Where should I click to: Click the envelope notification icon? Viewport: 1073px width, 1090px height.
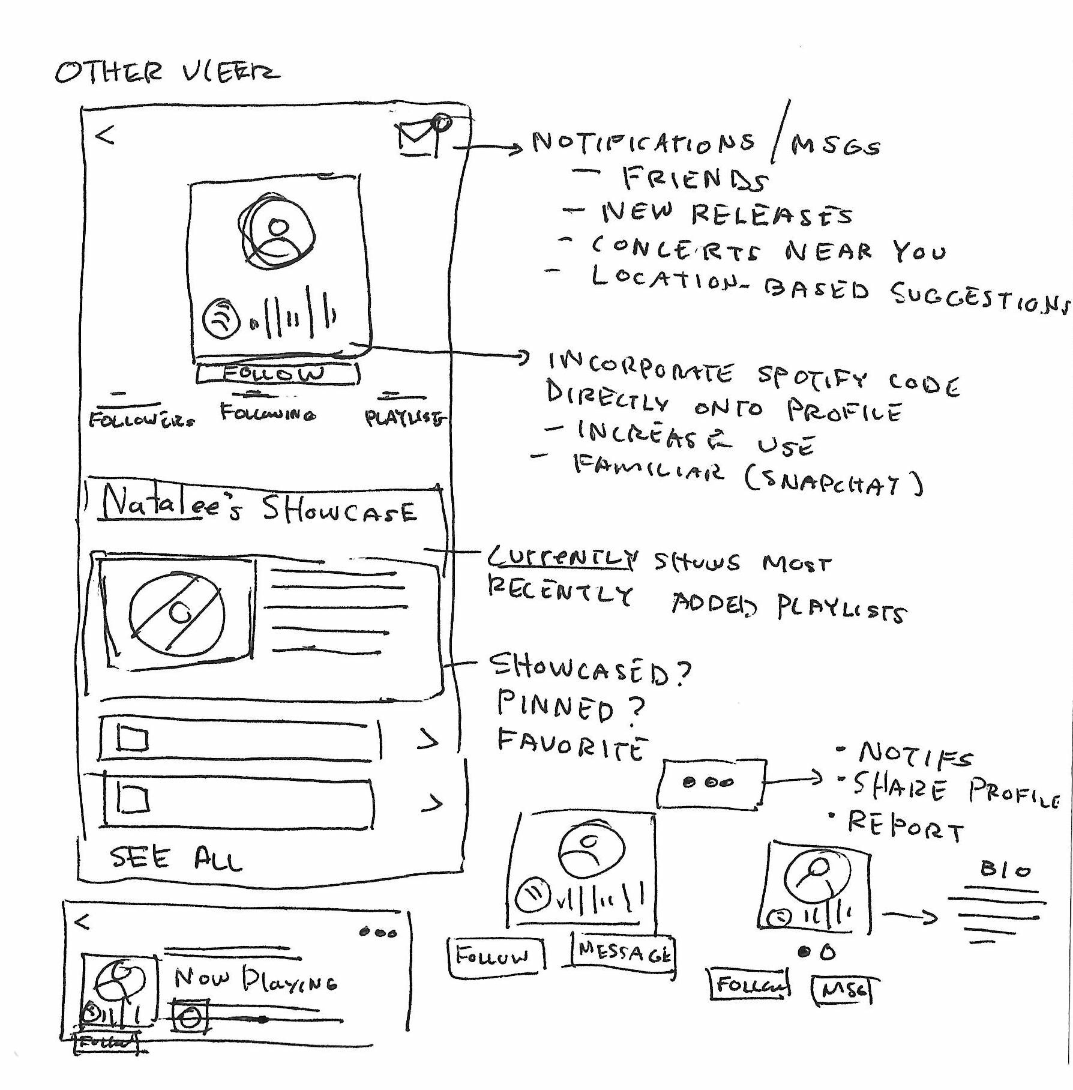point(420,139)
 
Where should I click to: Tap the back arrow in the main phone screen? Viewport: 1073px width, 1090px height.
point(105,136)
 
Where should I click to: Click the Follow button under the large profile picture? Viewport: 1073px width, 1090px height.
point(277,374)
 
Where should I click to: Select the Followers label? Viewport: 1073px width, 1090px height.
point(142,419)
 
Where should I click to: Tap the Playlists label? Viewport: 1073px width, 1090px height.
point(404,418)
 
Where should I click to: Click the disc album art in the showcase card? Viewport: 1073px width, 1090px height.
point(178,612)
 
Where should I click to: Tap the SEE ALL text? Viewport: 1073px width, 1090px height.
point(176,858)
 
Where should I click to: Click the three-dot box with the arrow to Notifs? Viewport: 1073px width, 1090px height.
point(711,783)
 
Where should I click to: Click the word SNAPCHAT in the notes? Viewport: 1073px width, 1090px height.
point(834,483)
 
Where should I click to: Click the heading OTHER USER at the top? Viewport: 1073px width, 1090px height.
point(167,73)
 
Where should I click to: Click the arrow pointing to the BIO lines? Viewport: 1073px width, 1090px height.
point(910,916)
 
